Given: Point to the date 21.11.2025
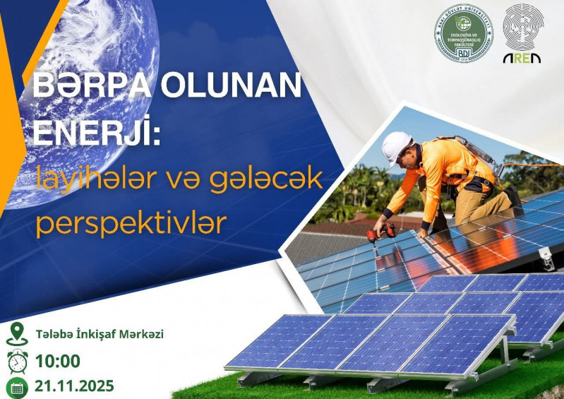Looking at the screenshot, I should click(74, 387).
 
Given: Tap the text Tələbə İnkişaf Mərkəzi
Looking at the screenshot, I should click(99, 334).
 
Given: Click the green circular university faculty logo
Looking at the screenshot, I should click(464, 33).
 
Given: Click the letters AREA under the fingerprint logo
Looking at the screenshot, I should click(522, 58).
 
